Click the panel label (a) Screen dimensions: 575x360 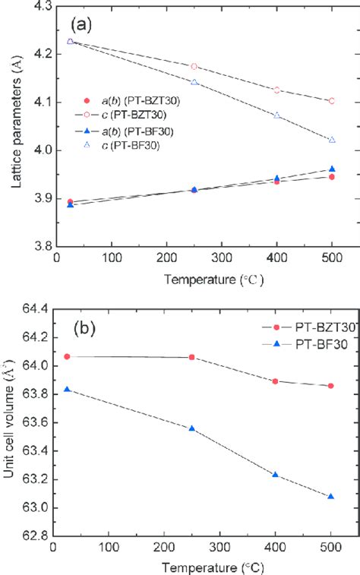coord(81,24)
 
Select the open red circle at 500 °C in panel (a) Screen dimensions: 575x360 coord(331,101)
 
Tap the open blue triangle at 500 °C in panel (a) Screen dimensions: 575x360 coord(331,140)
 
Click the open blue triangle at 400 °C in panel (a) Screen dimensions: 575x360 coord(277,115)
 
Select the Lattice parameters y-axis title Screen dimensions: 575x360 coord(11,125)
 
